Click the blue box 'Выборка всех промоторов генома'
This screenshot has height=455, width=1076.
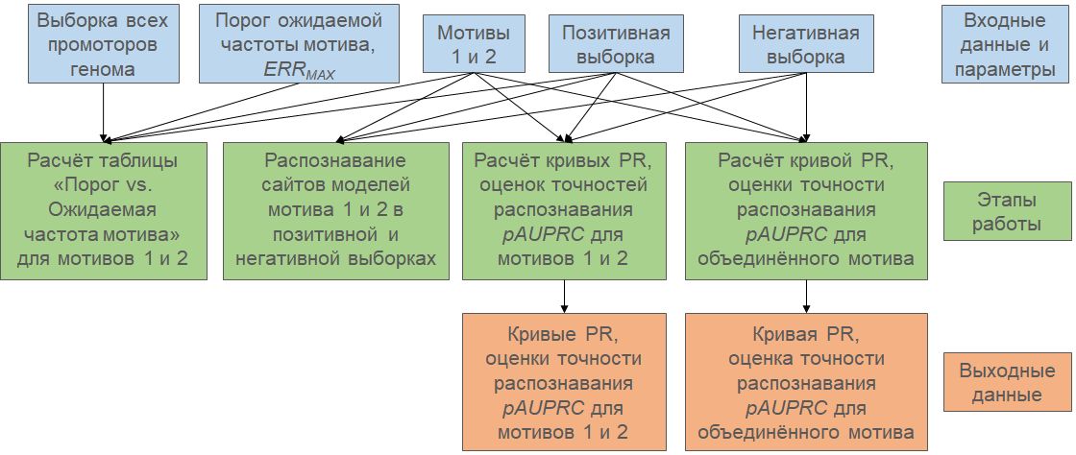[102, 44]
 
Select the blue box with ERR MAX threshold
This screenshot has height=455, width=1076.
[299, 44]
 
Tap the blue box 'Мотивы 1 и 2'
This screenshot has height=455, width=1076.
[467, 44]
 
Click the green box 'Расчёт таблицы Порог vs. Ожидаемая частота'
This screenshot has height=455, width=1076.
[104, 211]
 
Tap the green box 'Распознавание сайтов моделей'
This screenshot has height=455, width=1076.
[336, 211]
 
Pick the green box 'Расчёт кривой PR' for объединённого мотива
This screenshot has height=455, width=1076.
[806, 211]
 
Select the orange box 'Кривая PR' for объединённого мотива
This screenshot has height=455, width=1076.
[806, 381]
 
